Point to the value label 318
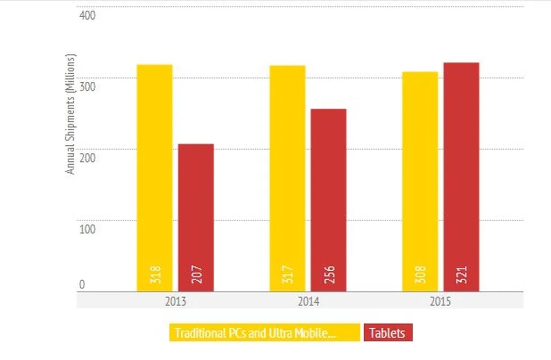click(155, 276)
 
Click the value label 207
click(196, 276)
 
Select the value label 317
click(288, 276)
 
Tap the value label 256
click(329, 276)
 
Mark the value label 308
click(421, 276)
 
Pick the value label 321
click(462, 276)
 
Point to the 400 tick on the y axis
click(87, 16)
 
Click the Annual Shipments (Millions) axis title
click(70, 114)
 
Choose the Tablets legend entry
click(387, 333)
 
